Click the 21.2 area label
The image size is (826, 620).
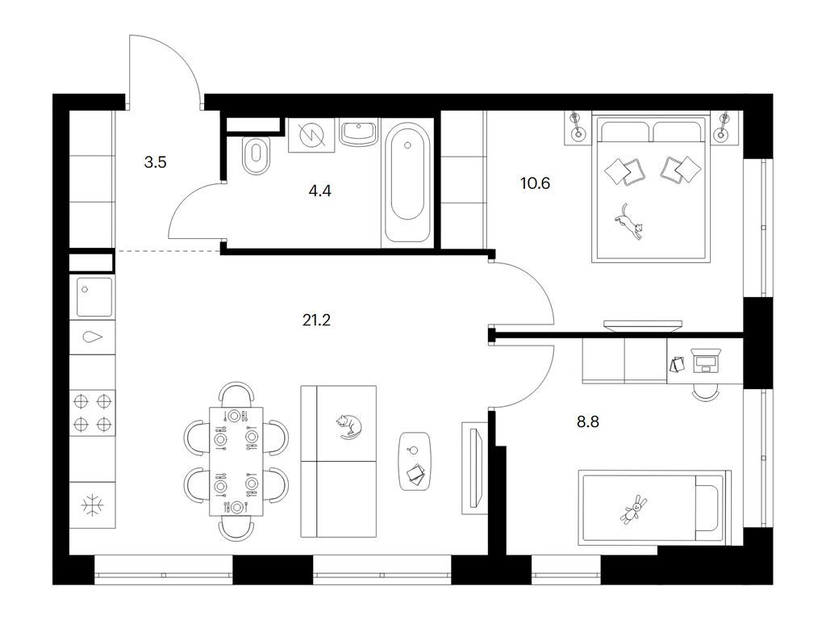point(316,320)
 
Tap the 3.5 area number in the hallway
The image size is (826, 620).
point(156,162)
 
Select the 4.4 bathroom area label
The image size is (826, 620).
point(319,191)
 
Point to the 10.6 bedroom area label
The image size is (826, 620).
point(535,183)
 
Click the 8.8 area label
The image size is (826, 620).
point(588,421)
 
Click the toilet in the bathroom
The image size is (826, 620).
point(257,156)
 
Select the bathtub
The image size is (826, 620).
point(407,183)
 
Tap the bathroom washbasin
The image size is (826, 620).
point(359,132)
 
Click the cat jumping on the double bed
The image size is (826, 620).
point(630,222)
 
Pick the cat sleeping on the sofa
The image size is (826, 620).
point(349,426)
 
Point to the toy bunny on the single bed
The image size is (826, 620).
point(633,509)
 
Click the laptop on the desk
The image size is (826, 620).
point(705,360)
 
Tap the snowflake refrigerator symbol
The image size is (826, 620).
point(93,505)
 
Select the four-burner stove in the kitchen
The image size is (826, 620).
point(93,413)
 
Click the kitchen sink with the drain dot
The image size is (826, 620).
point(95,297)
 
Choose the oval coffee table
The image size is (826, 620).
point(415,461)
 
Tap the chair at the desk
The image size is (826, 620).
point(705,392)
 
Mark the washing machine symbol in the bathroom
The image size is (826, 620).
point(311,135)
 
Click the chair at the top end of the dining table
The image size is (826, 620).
point(236,394)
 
